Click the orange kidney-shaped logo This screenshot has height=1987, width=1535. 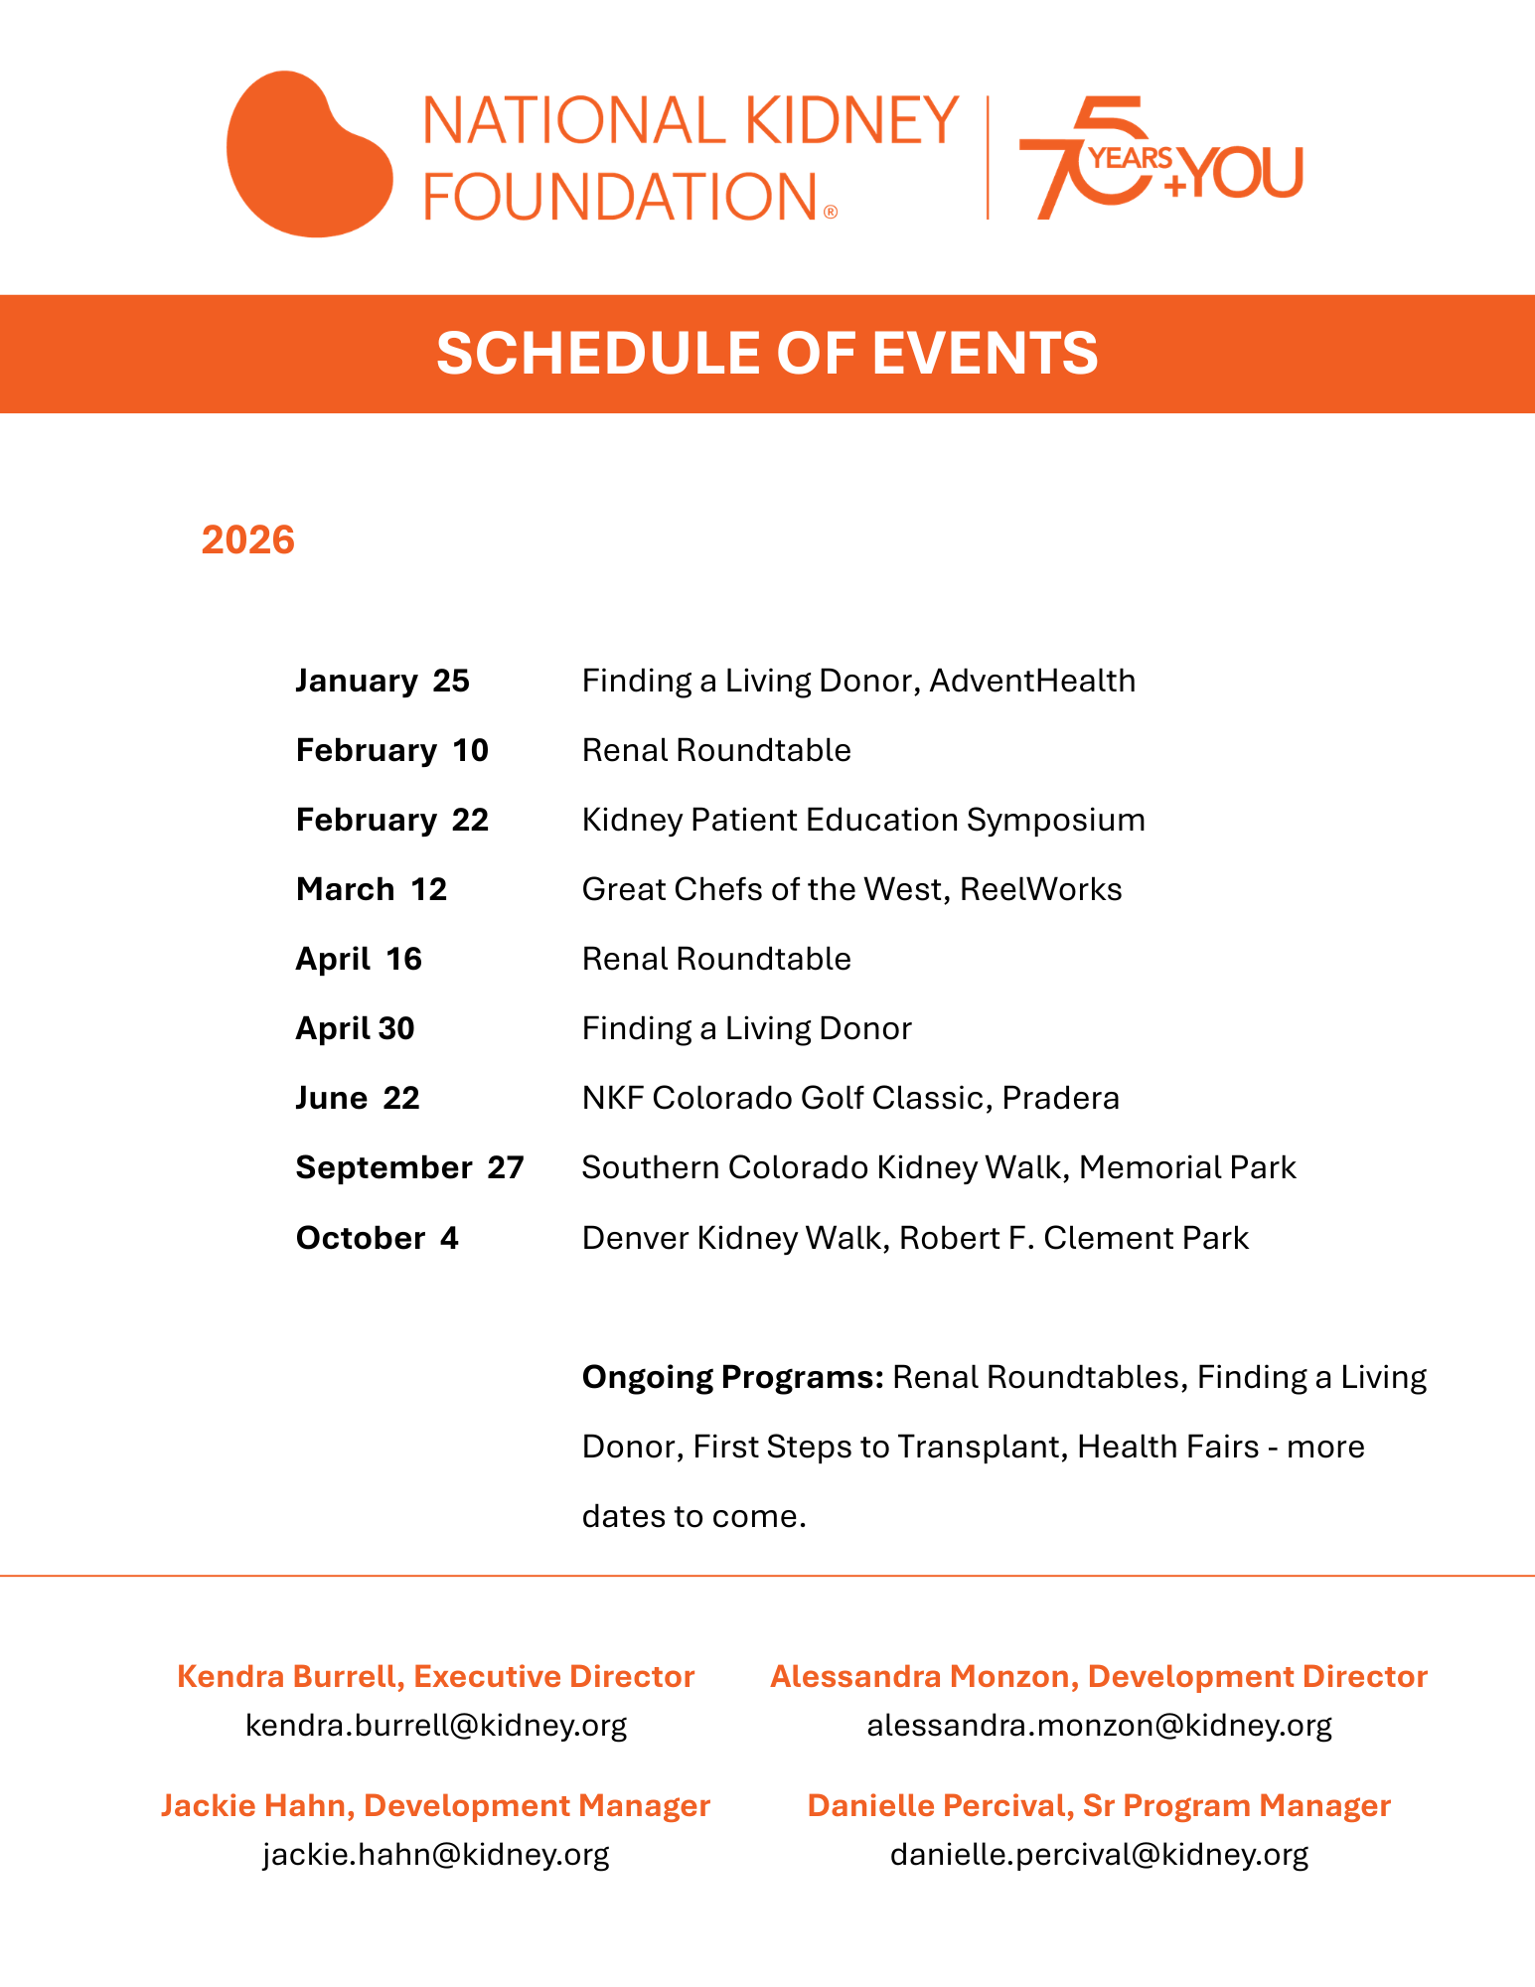tap(308, 155)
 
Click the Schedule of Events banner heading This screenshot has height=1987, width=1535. tap(767, 354)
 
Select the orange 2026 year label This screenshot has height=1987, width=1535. tap(248, 540)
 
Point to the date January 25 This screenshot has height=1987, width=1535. tap(383, 682)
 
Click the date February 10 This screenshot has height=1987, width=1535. tap(392, 751)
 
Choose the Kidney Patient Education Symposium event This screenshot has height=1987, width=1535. tap(862, 821)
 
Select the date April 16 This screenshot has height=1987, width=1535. tap(359, 960)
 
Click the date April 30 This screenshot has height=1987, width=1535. tap(355, 1029)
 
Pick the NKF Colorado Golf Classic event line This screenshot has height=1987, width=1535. tap(850, 1099)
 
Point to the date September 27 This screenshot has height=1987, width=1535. tap(409, 1168)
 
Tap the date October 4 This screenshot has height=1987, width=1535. tap(378, 1239)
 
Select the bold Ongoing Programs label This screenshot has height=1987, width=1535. tap(732, 1378)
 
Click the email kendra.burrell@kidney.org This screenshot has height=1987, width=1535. tap(436, 1726)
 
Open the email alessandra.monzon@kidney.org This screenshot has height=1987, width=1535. tap(1099, 1726)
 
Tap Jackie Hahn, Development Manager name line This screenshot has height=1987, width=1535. tap(436, 1806)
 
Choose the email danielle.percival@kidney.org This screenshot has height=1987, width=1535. tap(1099, 1855)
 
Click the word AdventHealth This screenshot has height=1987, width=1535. tap(1032, 682)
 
